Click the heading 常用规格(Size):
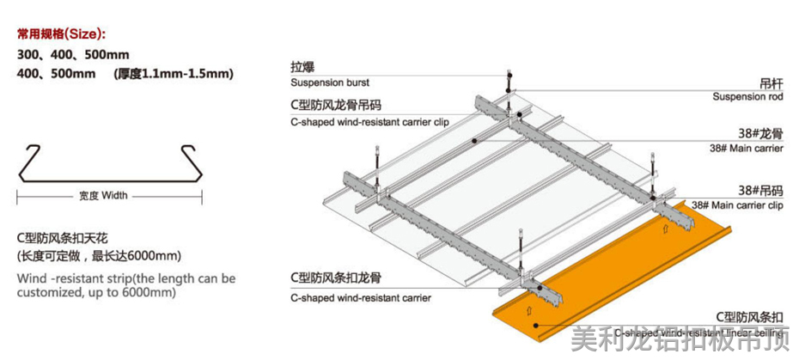pyautogui.click(x=62, y=34)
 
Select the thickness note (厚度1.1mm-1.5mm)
pyautogui.click(x=173, y=74)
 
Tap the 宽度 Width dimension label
pyautogui.click(x=102, y=195)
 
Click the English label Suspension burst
pyautogui.click(x=330, y=82)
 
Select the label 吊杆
pyautogui.click(x=771, y=82)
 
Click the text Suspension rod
pyautogui.click(x=747, y=97)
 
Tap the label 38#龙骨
pyautogui.click(x=760, y=134)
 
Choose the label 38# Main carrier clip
pyautogui.click(x=737, y=205)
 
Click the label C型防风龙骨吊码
pyautogui.click(x=339, y=106)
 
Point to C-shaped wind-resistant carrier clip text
pyautogui.click(x=369, y=122)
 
